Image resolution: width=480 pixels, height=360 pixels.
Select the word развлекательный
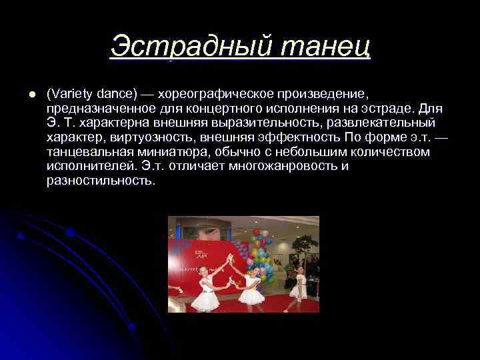pos(379,123)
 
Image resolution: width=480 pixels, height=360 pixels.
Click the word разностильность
pos(100,181)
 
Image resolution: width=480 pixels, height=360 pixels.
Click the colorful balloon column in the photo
pos(261,253)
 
